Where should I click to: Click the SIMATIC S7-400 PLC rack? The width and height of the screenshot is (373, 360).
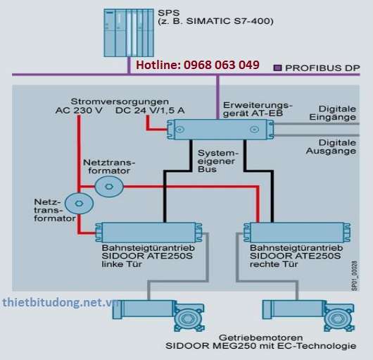tap(129, 33)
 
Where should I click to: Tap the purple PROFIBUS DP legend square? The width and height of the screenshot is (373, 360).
tap(277, 68)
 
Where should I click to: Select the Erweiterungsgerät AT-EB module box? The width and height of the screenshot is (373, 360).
tap(220, 130)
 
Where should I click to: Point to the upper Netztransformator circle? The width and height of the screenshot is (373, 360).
tap(109, 187)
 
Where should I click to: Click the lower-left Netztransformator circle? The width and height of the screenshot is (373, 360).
tap(79, 204)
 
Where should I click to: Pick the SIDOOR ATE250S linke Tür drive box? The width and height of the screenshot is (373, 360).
tap(148, 232)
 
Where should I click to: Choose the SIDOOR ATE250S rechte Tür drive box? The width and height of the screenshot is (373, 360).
tap(297, 232)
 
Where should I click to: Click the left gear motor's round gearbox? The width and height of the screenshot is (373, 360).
tap(189, 318)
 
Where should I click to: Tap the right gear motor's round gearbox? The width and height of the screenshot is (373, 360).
tap(339, 318)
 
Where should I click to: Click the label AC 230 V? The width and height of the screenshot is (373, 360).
tap(79, 111)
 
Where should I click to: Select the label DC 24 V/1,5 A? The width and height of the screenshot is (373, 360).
tap(150, 111)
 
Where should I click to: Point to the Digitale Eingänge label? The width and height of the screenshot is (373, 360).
tap(332, 113)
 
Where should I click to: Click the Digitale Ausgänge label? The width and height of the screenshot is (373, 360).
tap(331, 147)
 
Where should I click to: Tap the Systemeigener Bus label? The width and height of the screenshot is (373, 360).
tap(218, 161)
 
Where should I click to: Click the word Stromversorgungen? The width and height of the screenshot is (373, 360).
tap(120, 101)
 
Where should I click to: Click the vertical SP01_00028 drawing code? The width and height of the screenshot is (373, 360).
tap(355, 275)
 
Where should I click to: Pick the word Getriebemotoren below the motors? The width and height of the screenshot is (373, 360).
tap(260, 337)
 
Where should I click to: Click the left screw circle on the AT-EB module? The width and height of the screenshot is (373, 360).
tap(179, 130)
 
